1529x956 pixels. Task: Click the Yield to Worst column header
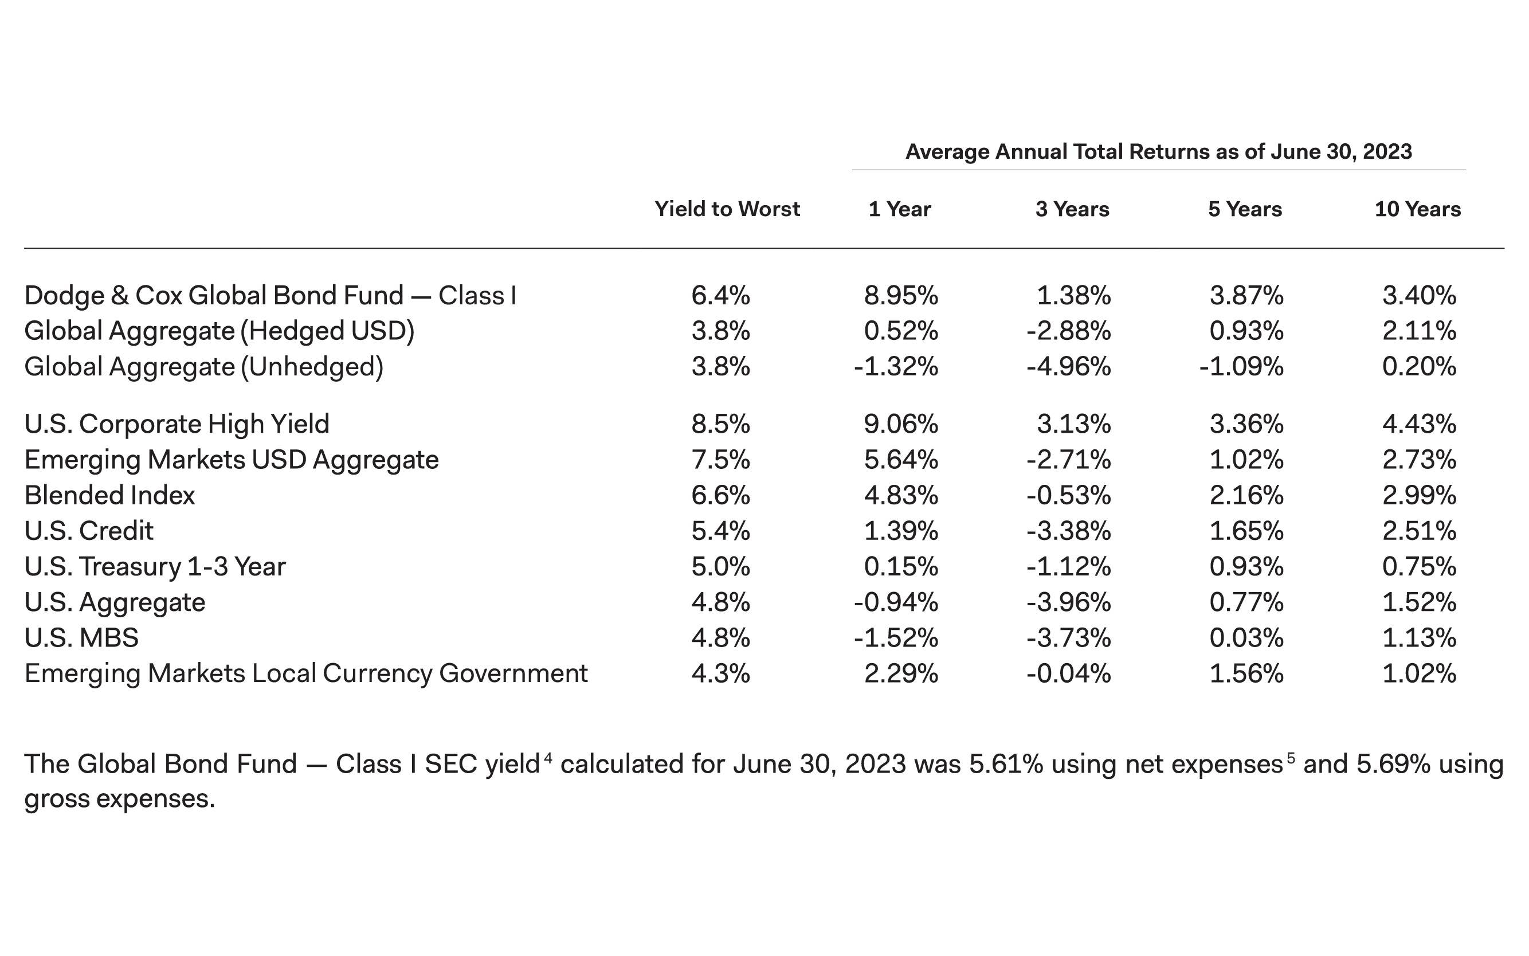tap(727, 209)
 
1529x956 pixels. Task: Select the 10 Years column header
tap(1417, 209)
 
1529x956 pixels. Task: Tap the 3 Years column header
tap(1072, 209)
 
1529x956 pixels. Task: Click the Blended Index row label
tap(109, 495)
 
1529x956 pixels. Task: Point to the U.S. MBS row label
tap(81, 637)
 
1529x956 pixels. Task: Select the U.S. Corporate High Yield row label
tap(177, 424)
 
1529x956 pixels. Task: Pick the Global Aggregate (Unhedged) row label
tap(203, 367)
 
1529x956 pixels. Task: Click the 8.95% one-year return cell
tap(901, 295)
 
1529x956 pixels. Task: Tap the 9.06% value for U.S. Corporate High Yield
tap(901, 424)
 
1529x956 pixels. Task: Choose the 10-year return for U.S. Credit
tap(1419, 531)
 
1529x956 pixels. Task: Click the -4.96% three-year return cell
tap(1068, 367)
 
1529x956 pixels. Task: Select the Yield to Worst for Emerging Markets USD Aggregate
tap(720, 459)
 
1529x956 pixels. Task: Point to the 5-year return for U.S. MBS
tap(1246, 637)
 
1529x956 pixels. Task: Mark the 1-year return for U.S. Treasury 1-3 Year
tap(901, 566)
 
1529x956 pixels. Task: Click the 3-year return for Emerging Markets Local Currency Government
tap(1068, 673)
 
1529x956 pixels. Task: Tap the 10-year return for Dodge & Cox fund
tap(1419, 295)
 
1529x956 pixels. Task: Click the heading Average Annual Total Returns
tap(1158, 152)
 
